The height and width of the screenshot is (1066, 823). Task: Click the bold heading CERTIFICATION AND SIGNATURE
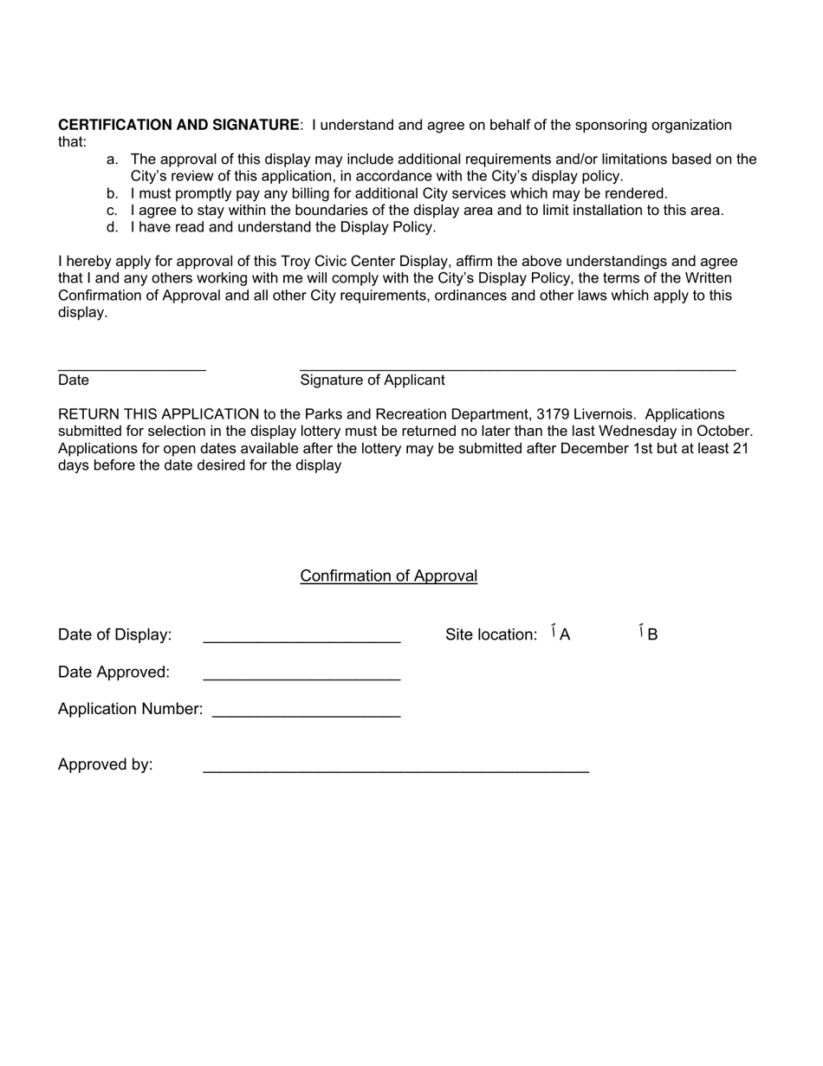pos(178,125)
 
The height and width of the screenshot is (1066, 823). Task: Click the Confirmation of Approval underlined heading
pos(388,576)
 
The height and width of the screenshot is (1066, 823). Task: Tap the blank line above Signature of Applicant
pos(517,369)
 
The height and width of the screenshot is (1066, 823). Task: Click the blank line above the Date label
pos(132,369)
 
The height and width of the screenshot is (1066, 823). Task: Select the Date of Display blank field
pos(301,640)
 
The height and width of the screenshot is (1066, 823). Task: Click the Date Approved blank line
pos(301,677)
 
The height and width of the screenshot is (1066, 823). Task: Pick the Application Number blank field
pos(306,714)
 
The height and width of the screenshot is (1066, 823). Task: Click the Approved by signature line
pos(396,769)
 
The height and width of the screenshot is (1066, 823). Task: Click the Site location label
pos(491,634)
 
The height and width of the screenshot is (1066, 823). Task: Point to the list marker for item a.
pos(112,159)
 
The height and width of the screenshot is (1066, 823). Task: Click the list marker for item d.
pos(112,227)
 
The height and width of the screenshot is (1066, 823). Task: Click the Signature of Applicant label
pos(373,380)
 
